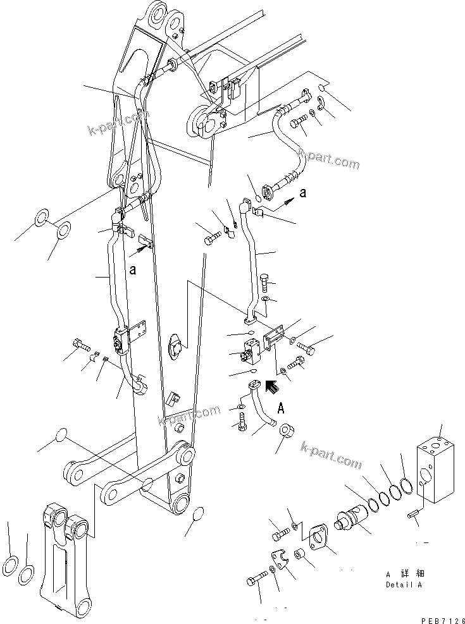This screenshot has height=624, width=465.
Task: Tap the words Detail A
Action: click(x=404, y=585)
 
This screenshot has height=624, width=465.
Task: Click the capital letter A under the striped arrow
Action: click(x=280, y=408)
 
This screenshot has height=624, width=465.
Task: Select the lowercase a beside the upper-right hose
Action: click(x=303, y=193)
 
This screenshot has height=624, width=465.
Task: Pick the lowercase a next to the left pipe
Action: click(x=133, y=269)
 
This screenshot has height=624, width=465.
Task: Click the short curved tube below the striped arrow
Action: click(x=263, y=407)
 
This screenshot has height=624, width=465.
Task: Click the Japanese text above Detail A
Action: click(x=404, y=573)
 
